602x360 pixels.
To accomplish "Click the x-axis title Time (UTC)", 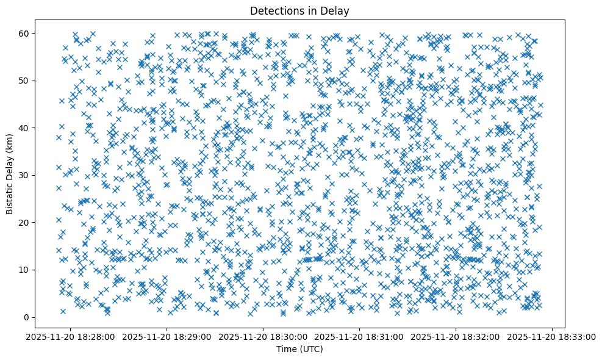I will tap(301, 349).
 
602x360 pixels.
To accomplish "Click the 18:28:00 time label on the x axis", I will tap(71, 336).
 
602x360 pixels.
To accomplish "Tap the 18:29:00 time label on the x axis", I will tap(167, 336).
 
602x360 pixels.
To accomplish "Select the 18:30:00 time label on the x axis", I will tap(263, 336).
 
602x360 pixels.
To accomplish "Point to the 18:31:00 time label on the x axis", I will tap(360, 336).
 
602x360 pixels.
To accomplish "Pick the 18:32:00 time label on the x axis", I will tap(456, 336).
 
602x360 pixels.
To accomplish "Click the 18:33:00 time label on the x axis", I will tap(553, 336).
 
